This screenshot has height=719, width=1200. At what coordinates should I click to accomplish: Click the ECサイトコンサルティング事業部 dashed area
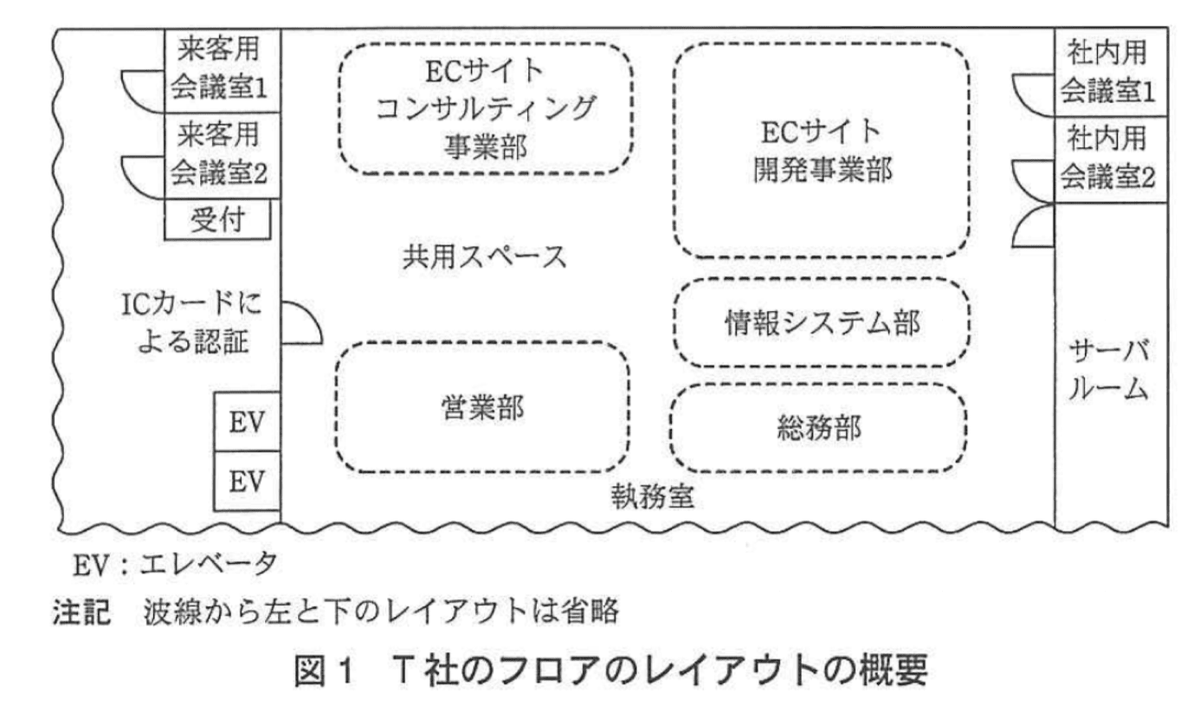click(x=485, y=108)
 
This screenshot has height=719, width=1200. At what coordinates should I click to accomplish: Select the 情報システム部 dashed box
click(x=820, y=323)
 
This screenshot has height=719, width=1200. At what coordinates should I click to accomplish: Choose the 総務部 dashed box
click(x=818, y=427)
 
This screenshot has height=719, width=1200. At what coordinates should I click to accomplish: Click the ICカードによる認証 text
click(x=191, y=325)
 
